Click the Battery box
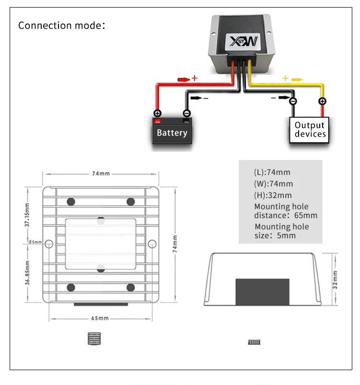click(172, 130)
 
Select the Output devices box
click(309, 130)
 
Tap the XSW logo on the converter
click(243, 42)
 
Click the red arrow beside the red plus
click(184, 80)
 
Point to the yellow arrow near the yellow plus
click(297, 80)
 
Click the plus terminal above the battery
click(157, 113)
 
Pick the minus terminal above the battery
click(187, 113)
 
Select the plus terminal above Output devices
click(322, 101)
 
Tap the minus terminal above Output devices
click(293, 101)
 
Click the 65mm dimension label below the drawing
click(100, 318)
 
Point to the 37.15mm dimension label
click(27, 215)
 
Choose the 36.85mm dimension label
click(27, 273)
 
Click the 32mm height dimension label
click(335, 280)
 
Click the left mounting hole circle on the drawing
click(49, 244)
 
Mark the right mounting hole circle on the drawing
click(152, 244)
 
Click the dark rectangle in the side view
click(262, 292)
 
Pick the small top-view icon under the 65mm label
click(94, 338)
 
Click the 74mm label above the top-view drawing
click(101, 174)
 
